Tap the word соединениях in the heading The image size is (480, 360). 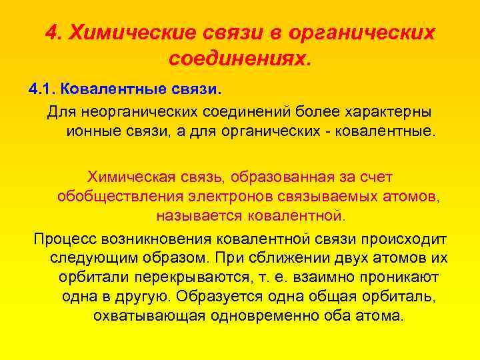click(x=240, y=59)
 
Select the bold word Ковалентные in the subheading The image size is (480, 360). click(x=119, y=89)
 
